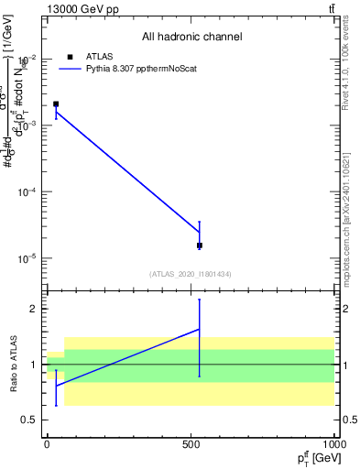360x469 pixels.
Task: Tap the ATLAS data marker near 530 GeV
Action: [x=200, y=245]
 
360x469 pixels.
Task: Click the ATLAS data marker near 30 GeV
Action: [x=56, y=104]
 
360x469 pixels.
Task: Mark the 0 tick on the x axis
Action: [x=48, y=444]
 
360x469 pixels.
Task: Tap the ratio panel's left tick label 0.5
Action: [x=29, y=420]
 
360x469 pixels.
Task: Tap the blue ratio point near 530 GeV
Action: [x=200, y=329]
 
